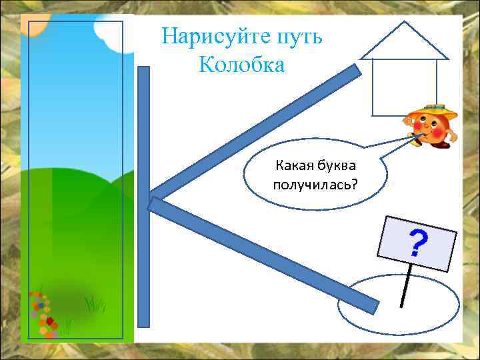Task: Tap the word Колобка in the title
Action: pyautogui.click(x=241, y=65)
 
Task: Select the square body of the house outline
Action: pyautogui.click(x=403, y=87)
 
